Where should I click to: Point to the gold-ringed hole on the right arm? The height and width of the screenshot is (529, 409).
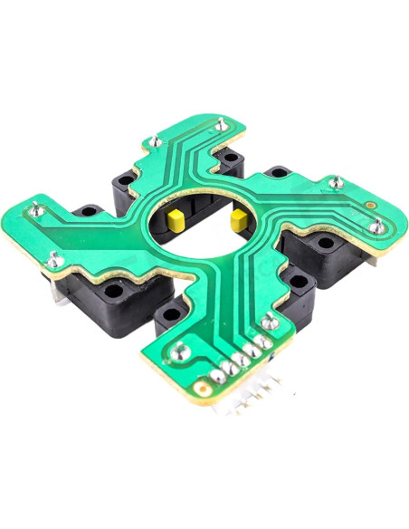pyautogui.click(x=371, y=207)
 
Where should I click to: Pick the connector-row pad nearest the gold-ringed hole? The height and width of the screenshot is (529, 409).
pyautogui.click(x=218, y=371)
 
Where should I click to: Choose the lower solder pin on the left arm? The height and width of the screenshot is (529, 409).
pyautogui.click(x=56, y=260)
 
